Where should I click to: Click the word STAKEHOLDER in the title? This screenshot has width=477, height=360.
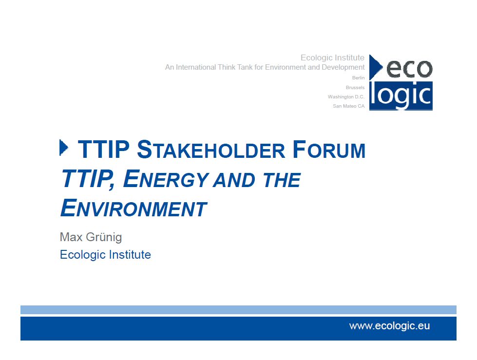point(211,150)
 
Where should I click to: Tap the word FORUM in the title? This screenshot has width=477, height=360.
point(329,150)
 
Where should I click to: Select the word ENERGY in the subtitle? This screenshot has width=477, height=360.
point(166,179)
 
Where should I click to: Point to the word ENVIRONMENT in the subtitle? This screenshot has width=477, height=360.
point(134,208)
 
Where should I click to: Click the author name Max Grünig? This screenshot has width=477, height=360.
point(91,237)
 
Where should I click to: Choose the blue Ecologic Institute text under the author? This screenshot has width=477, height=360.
point(105,255)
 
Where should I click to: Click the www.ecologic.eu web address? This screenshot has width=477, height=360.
point(389,326)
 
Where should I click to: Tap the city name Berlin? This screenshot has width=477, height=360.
point(358,78)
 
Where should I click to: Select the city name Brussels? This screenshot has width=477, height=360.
point(355,88)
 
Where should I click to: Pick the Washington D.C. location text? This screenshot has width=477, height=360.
point(346,96)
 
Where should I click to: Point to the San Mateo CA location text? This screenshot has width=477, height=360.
point(349,106)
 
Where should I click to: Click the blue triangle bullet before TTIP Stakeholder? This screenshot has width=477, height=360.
point(63,148)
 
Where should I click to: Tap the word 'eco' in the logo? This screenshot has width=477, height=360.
point(409,69)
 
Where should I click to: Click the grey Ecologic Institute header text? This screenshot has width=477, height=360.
point(332,58)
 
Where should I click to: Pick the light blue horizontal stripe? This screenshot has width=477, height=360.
point(239,310)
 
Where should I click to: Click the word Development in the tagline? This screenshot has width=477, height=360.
point(343,68)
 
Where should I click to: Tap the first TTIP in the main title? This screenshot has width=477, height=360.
point(104,150)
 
